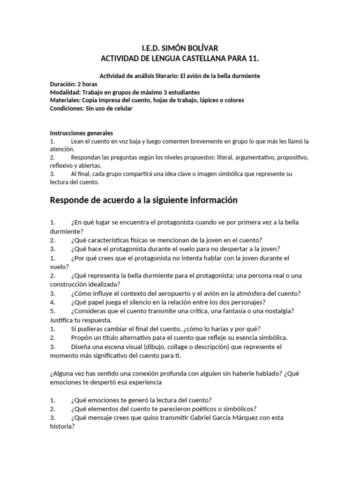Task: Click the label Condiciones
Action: tap(67, 108)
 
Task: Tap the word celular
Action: tap(122, 108)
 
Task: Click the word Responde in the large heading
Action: tap(73, 200)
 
